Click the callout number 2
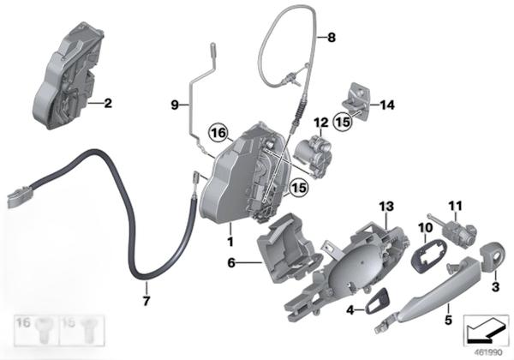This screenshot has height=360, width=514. click(108, 103)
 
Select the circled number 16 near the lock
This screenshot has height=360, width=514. click(218, 133)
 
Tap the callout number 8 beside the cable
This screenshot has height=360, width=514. click(332, 37)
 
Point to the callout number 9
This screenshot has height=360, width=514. click(175, 105)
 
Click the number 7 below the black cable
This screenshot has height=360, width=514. click(146, 300)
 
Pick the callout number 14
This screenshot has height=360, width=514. click(387, 105)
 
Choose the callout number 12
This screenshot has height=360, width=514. click(321, 123)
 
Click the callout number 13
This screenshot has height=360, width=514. click(386, 207)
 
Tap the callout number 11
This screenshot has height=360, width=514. click(456, 206)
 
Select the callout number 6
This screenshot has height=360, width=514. click(231, 262)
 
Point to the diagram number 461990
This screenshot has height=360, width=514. click(488, 353)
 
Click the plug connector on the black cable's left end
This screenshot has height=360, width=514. click(21, 197)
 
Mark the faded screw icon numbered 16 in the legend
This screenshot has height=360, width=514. click(44, 330)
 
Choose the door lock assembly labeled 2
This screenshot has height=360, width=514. click(69, 75)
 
